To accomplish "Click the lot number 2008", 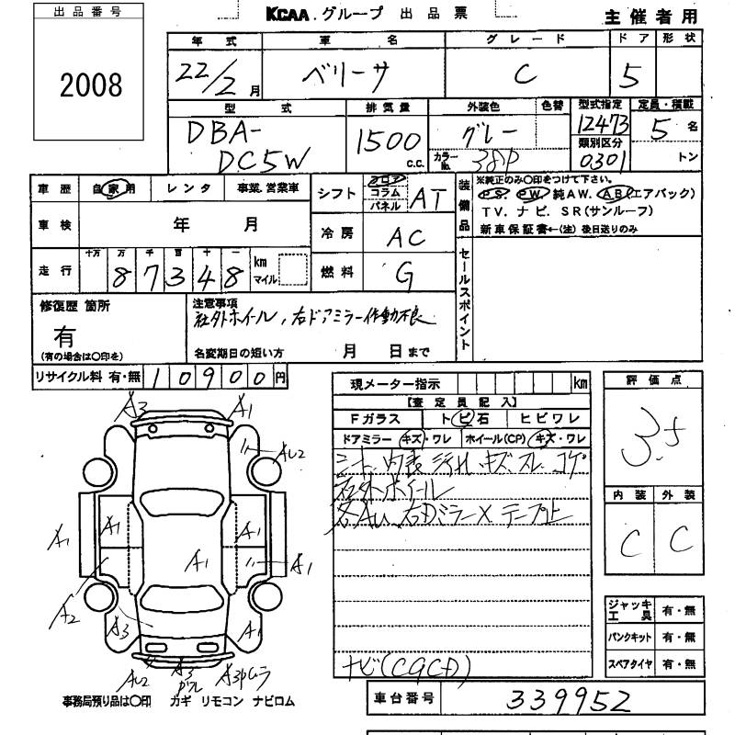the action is coord(91,85).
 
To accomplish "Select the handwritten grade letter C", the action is coord(526,75).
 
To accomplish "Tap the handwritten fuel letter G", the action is coord(403,273).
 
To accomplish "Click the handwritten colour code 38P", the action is coord(483,158).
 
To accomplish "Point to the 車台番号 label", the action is coord(403,700).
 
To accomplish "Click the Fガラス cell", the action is coord(368,418).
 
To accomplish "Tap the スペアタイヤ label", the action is coord(629,663).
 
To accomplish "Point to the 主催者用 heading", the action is coord(651,17).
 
